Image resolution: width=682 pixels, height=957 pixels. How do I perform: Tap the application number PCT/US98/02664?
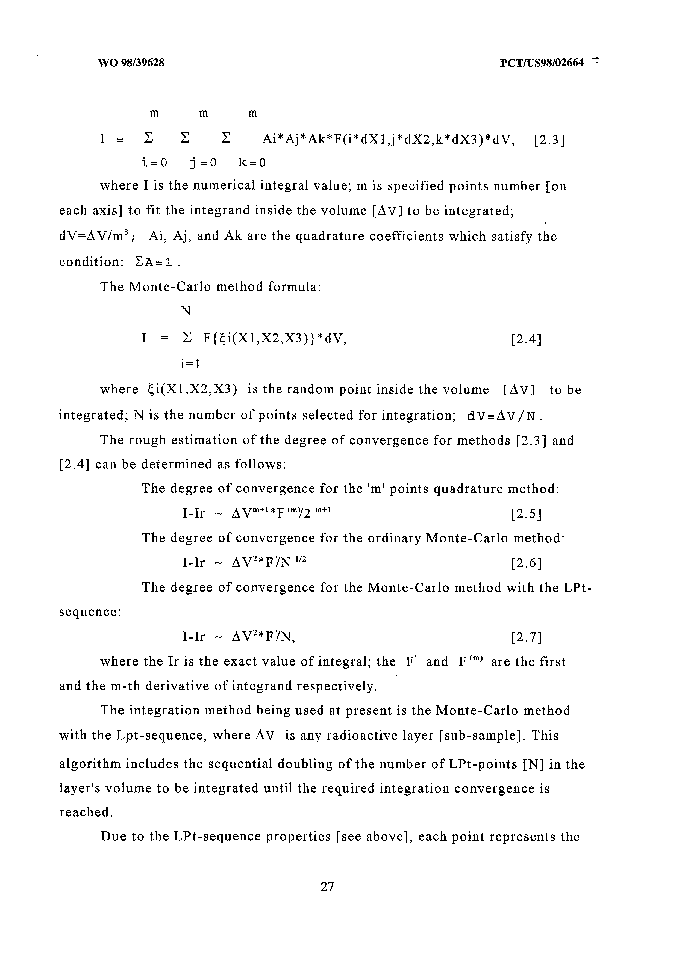coord(542,63)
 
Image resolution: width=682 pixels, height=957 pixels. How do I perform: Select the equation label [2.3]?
coord(549,140)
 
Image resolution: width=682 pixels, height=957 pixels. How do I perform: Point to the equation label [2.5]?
coord(526,514)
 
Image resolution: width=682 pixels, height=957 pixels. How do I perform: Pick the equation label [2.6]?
coord(526,563)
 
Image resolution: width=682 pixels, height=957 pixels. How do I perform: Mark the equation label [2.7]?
coord(526,637)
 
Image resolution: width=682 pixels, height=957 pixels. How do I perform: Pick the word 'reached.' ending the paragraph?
coord(86,813)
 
